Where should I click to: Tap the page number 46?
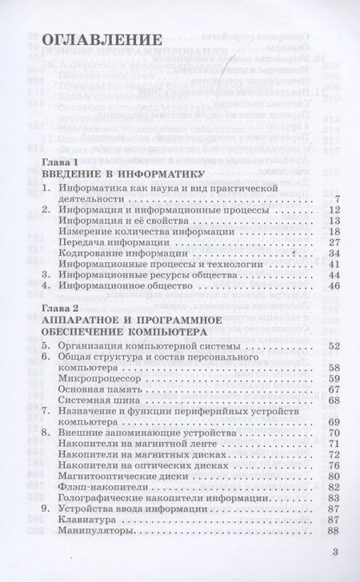[x=334, y=284]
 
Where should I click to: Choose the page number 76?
[x=334, y=464]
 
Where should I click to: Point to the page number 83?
[x=334, y=497]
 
